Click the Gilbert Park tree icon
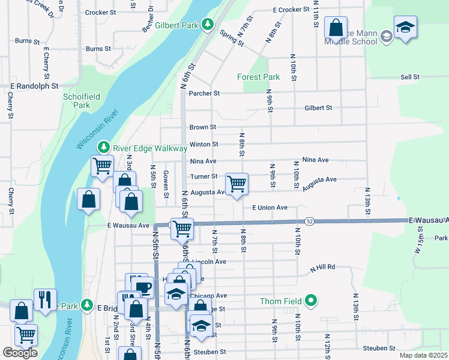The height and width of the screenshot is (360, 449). click(208, 25)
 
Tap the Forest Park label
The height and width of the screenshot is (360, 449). click(258, 77)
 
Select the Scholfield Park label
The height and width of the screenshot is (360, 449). click(76, 100)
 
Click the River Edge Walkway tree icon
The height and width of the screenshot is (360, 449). click(104, 148)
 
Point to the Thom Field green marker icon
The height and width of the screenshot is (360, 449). click(310, 300)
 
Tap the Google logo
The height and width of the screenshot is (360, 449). click(20, 352)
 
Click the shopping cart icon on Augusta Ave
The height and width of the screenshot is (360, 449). click(237, 183)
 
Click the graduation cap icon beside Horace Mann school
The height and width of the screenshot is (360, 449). click(405, 27)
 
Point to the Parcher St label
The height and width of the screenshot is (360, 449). click(205, 93)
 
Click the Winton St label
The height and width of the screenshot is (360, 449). click(203, 144)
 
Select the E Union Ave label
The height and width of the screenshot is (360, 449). click(270, 208)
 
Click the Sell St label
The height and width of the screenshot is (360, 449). click(410, 77)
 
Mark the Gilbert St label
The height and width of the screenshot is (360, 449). click(318, 108)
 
